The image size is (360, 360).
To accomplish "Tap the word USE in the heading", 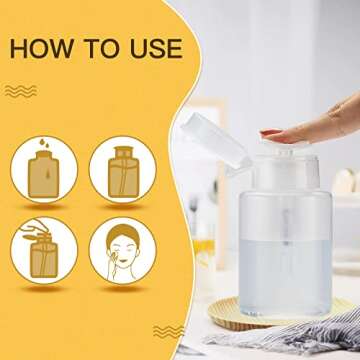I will coord(152,48).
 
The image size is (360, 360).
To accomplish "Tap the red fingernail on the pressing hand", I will coord(270,133).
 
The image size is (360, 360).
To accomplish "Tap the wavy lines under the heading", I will coord(21,91).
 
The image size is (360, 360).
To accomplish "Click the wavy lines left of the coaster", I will coord(168,330).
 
